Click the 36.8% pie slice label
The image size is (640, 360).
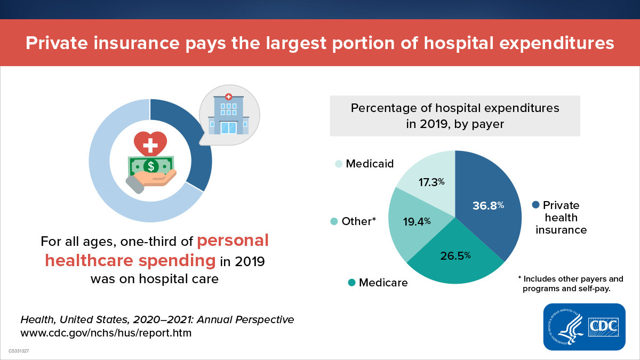[x=488, y=205]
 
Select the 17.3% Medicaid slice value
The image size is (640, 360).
[x=431, y=182]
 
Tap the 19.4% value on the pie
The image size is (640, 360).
[x=417, y=221]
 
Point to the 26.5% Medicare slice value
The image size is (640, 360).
[x=455, y=255]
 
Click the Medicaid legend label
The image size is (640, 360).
[x=369, y=164]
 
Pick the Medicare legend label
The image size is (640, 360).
[x=382, y=283]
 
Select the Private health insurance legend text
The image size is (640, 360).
[x=561, y=218]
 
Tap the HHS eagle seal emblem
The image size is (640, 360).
[x=565, y=326]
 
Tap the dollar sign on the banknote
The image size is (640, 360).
[x=150, y=165]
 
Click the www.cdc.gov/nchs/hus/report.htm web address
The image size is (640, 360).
[x=106, y=333]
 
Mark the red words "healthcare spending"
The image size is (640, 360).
[x=131, y=261]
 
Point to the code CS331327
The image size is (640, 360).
[x=19, y=352]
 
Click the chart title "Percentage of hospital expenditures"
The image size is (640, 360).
[x=454, y=108]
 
